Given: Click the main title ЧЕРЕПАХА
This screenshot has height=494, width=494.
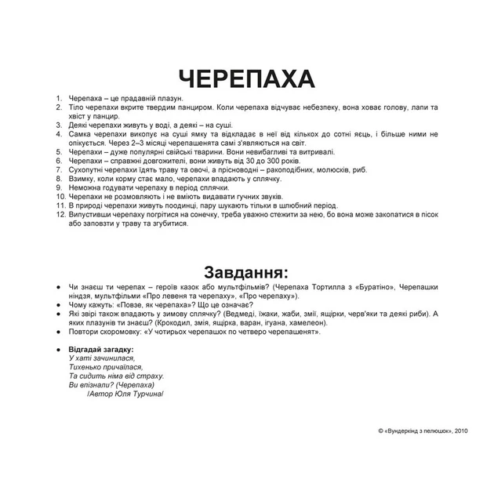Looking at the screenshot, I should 246,78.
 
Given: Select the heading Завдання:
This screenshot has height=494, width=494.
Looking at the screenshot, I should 246,273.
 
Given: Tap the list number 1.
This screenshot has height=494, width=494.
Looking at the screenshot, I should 59,99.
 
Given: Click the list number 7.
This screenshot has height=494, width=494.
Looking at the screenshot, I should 59,169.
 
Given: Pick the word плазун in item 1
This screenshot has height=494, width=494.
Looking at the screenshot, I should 170,99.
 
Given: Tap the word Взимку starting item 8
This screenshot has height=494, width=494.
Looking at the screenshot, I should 82,179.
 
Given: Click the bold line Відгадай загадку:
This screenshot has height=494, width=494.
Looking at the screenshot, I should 101,349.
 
